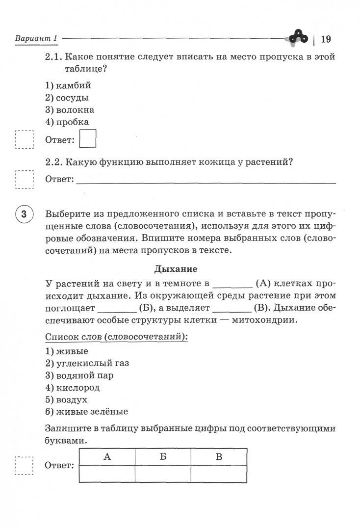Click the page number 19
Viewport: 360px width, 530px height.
(x=326, y=39)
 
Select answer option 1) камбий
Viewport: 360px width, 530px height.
(x=68, y=85)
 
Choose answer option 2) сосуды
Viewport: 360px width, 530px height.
(x=67, y=98)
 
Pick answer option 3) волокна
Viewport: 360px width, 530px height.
(x=70, y=110)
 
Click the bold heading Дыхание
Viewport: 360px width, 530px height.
(x=176, y=269)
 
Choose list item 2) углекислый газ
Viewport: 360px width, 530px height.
(x=87, y=363)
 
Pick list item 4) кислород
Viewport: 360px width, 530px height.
(x=72, y=388)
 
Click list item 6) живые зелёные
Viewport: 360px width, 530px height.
(x=86, y=412)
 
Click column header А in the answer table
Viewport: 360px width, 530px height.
(x=107, y=457)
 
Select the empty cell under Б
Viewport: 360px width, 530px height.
(x=163, y=474)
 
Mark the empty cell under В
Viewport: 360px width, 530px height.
(x=219, y=474)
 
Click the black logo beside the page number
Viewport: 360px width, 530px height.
(x=298, y=37)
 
